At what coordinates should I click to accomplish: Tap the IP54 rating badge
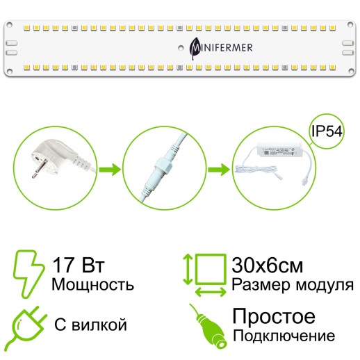[326, 132]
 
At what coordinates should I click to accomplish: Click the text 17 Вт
[76, 265]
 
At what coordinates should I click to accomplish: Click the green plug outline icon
[28, 324]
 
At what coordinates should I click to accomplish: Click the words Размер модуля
[292, 284]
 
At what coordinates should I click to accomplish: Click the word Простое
[273, 317]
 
